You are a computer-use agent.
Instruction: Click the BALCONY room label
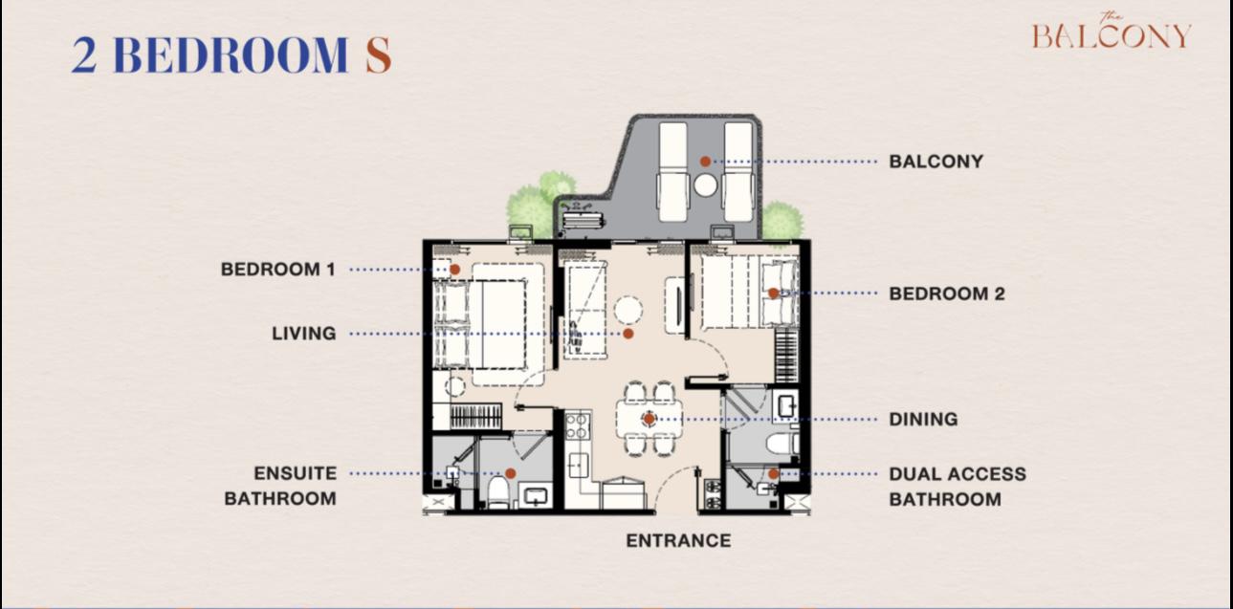936,162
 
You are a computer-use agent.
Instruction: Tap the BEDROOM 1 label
278,270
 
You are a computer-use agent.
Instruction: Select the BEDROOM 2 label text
947,294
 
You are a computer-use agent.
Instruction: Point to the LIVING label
304,334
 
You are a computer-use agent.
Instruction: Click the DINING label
923,419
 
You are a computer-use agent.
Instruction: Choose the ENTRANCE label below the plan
679,541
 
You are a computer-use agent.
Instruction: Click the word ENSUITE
295,473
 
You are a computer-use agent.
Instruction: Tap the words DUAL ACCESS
958,474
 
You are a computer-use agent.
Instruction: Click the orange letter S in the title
379,55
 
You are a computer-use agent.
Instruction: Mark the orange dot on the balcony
705,162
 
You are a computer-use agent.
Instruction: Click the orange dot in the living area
628,334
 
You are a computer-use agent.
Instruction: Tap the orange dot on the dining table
650,419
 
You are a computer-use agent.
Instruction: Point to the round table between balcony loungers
705,185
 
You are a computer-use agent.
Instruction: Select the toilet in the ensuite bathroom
498,491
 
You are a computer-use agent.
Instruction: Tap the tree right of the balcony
781,221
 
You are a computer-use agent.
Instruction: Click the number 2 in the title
84,55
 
